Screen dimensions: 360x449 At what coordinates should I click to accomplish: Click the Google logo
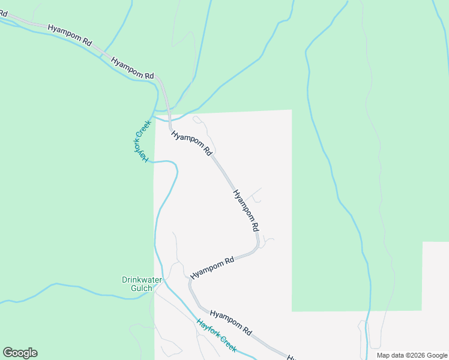[20, 353]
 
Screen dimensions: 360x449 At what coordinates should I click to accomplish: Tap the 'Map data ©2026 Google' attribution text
[412, 355]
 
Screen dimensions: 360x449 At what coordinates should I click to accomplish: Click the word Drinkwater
[142, 280]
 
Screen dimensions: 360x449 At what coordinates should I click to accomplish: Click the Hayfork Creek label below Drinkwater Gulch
[216, 335]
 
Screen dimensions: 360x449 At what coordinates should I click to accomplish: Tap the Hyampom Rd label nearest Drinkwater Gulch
[212, 268]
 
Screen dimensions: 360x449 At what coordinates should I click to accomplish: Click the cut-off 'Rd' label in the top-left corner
[3, 13]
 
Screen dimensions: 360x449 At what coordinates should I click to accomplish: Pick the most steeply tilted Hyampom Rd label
[246, 211]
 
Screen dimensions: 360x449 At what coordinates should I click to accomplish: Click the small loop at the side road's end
[196, 119]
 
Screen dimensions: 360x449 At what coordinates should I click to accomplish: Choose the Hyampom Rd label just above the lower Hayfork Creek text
[231, 322]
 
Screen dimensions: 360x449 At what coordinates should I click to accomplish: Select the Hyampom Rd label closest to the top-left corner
[70, 35]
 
